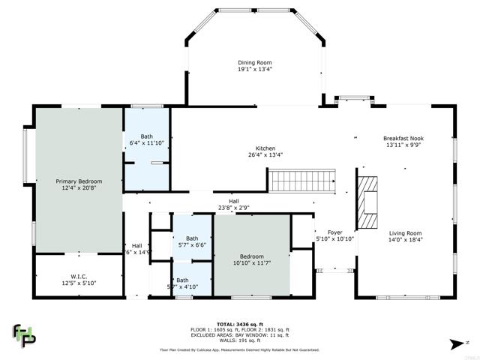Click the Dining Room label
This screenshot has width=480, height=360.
255,62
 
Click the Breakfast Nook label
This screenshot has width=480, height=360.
404,138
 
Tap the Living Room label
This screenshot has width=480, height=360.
404,233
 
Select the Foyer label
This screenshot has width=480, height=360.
334,232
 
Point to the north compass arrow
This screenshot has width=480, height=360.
453,343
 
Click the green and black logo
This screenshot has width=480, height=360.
24,335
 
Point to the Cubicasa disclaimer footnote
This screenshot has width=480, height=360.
239,349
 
